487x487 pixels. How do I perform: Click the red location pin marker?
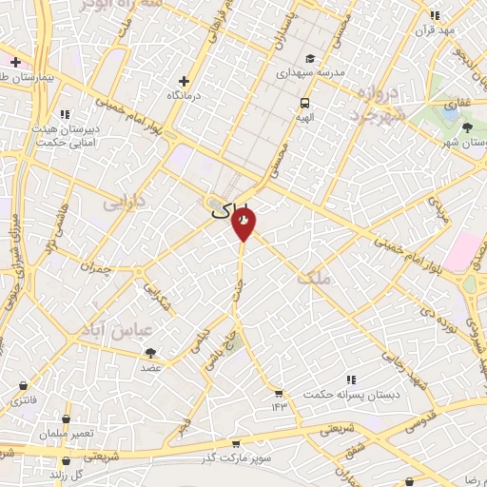tap(243, 222)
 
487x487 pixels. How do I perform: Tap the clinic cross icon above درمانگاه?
tap(185, 82)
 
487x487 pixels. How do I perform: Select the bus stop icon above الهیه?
tap(304, 102)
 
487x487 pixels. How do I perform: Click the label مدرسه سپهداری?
tap(311, 71)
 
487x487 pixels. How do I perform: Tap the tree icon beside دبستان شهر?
tap(466, 127)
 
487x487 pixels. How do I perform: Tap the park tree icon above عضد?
tap(151, 353)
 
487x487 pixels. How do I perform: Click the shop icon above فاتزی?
tap(23, 386)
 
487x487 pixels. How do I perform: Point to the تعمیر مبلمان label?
tap(67, 433)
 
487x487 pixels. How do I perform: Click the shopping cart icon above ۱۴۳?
tap(278, 394)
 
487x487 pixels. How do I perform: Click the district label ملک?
tap(313, 279)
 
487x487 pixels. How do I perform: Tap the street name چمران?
tap(96, 269)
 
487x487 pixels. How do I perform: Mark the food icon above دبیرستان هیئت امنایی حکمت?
tap(65, 115)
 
